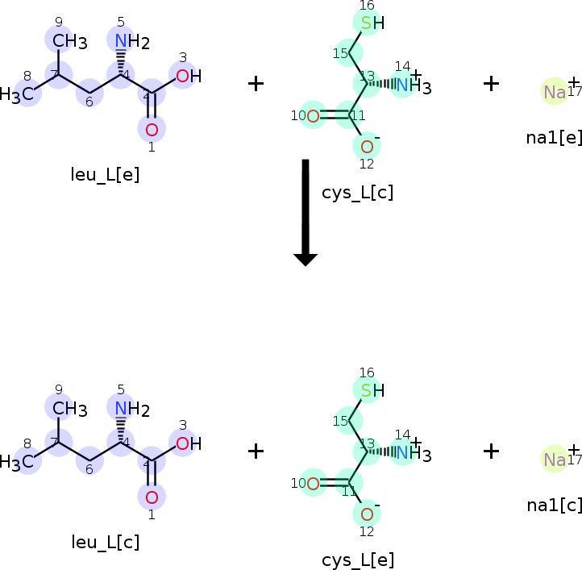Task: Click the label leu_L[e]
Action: click(105, 175)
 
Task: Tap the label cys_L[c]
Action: click(357, 193)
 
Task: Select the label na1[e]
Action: click(553, 137)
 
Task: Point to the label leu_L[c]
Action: click(105, 543)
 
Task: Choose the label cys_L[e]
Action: click(357, 560)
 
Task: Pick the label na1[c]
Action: click(553, 505)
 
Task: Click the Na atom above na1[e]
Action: click(555, 92)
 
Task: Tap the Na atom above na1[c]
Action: click(555, 460)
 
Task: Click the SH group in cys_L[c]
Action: click(371, 23)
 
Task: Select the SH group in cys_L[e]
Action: click(371, 391)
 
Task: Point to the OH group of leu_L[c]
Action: click(188, 443)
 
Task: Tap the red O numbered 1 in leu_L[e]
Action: click(152, 129)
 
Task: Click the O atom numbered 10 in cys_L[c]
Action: click(313, 116)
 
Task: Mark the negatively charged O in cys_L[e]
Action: click(367, 514)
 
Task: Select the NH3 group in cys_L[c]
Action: click(413, 85)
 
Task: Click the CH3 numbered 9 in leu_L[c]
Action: click(69, 409)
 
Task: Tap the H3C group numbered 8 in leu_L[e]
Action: click(18, 95)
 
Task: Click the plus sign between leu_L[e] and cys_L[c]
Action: click(256, 83)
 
